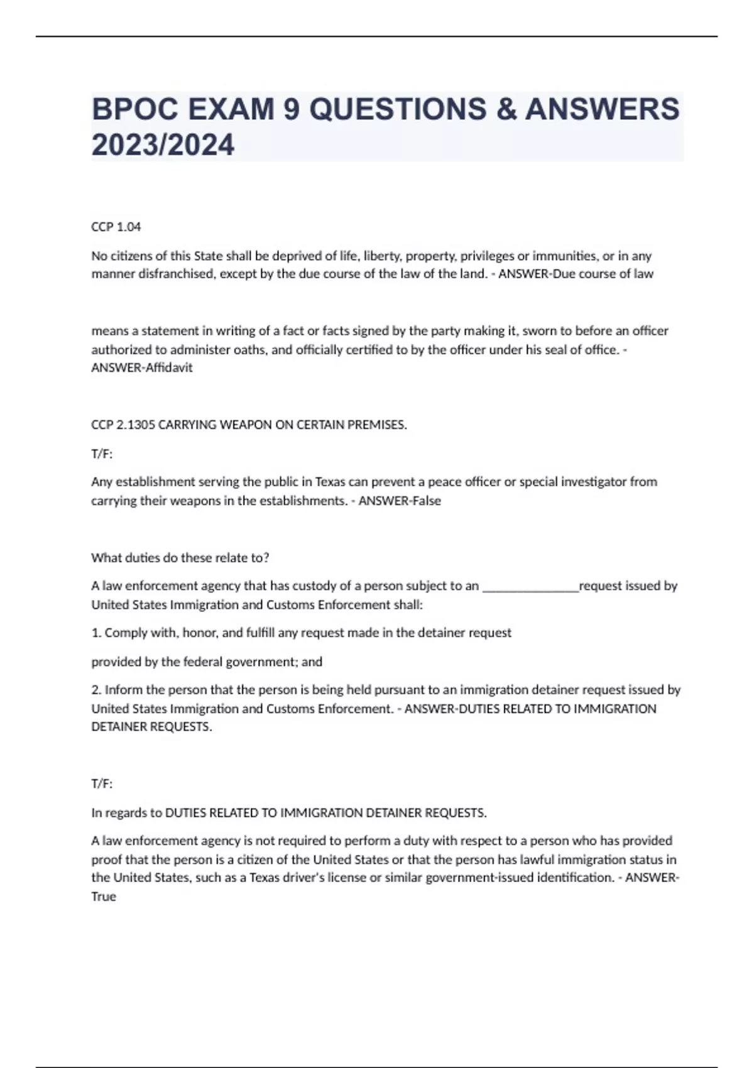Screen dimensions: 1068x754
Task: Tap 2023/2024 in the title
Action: pyautogui.click(x=163, y=145)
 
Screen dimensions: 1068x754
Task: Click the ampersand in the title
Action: pyautogui.click(x=505, y=109)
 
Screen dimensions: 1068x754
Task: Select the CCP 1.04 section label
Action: pyautogui.click(x=116, y=227)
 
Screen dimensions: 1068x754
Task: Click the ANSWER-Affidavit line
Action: pyautogui.click(x=142, y=368)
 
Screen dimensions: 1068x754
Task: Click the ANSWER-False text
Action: pyautogui.click(x=400, y=501)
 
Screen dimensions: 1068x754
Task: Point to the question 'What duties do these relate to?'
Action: pyautogui.click(x=180, y=558)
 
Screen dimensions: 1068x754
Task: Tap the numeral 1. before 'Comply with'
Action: pyautogui.click(x=96, y=633)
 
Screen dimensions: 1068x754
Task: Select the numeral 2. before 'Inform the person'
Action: pyautogui.click(x=96, y=690)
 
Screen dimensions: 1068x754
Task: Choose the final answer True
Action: pyautogui.click(x=104, y=896)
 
